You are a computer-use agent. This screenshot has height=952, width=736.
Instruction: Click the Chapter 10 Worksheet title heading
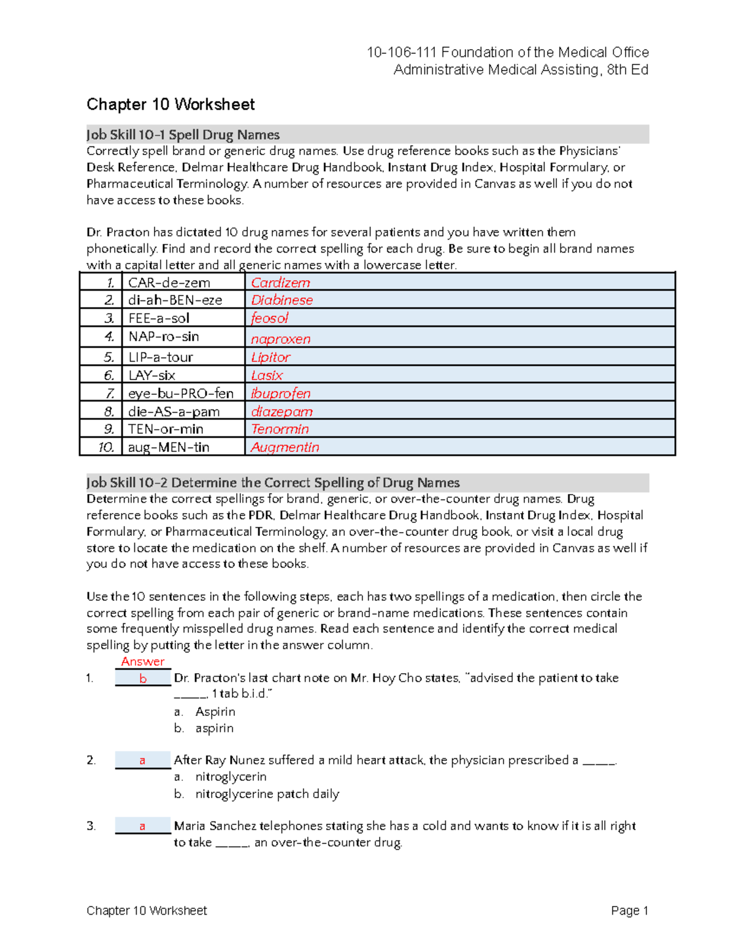(171, 105)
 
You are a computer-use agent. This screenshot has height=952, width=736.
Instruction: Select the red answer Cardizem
(280, 283)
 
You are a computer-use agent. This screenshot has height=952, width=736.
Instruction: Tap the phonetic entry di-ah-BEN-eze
(175, 300)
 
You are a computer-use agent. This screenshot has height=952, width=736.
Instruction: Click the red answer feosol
(269, 318)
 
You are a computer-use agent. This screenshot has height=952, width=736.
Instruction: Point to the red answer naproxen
(280, 339)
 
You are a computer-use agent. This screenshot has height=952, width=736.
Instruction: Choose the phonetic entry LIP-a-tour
(160, 357)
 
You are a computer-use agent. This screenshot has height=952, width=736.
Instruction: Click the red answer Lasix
(267, 375)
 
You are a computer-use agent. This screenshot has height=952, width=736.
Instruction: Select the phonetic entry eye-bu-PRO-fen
(180, 393)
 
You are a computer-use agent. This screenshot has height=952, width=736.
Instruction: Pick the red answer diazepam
(282, 411)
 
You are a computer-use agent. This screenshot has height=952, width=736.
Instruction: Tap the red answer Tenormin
(280, 429)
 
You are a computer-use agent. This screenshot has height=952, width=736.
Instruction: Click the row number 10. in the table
(106, 447)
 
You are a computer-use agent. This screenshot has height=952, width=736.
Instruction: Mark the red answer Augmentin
(285, 447)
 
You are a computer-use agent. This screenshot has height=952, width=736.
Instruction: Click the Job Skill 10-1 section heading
(183, 135)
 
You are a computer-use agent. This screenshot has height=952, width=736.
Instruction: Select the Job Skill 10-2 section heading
(273, 482)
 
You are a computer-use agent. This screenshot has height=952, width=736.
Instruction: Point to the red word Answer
(142, 661)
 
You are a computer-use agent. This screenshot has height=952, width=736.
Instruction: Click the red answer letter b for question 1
(143, 679)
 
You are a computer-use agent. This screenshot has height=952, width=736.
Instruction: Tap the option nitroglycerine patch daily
(267, 794)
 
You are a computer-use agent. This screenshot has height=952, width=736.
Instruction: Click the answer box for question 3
(142, 826)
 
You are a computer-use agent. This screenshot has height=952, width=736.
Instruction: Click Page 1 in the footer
(629, 910)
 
